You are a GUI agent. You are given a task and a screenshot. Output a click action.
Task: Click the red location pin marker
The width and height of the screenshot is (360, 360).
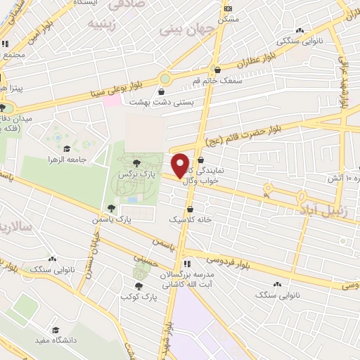[181, 165]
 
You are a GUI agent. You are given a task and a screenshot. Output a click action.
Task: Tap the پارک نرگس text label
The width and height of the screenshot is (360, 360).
[137, 173]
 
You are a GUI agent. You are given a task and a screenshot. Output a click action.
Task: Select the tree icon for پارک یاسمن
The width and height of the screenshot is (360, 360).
[111, 208]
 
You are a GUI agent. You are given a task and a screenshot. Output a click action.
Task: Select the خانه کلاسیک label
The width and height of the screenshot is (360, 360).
[190, 220]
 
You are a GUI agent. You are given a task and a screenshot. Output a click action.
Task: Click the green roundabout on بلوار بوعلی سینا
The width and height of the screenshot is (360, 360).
[165, 78]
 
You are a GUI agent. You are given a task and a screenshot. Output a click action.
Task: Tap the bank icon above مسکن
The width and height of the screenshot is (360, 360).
[228, 8]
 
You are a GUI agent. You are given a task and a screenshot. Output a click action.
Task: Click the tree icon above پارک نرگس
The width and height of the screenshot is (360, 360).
[137, 163]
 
